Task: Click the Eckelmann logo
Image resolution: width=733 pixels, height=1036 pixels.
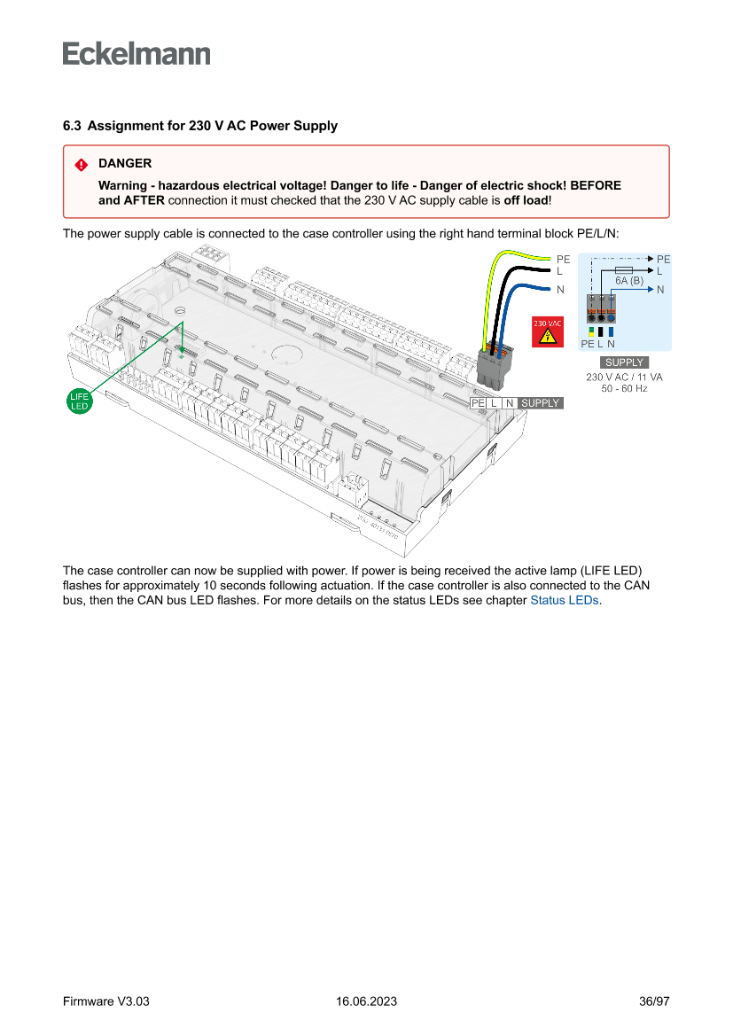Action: click(136, 54)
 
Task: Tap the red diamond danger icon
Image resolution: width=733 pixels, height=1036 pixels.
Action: click(81, 164)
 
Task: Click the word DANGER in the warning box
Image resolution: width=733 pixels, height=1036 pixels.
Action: click(125, 164)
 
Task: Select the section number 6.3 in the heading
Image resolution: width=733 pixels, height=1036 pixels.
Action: click(72, 126)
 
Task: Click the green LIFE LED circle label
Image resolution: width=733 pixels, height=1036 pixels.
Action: click(80, 401)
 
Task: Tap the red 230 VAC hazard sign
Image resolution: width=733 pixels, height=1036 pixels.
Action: click(547, 331)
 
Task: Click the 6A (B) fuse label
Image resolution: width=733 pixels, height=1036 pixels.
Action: click(628, 280)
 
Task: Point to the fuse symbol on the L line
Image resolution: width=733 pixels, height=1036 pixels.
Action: click(622, 269)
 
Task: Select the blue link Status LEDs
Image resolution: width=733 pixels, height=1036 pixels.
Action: click(565, 601)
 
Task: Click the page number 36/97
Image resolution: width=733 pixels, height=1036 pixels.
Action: click(654, 1001)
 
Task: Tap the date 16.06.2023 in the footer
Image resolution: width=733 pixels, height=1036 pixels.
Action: click(366, 1001)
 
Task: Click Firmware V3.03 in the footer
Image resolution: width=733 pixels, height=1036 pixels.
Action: click(106, 1001)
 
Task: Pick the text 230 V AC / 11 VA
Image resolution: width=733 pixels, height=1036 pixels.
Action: click(624, 377)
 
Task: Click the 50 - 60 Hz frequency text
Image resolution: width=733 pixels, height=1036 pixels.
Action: click(624, 388)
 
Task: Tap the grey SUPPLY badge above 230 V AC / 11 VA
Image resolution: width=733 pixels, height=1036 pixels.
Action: click(624, 362)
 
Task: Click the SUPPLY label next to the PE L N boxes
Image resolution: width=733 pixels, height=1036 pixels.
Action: click(540, 403)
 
